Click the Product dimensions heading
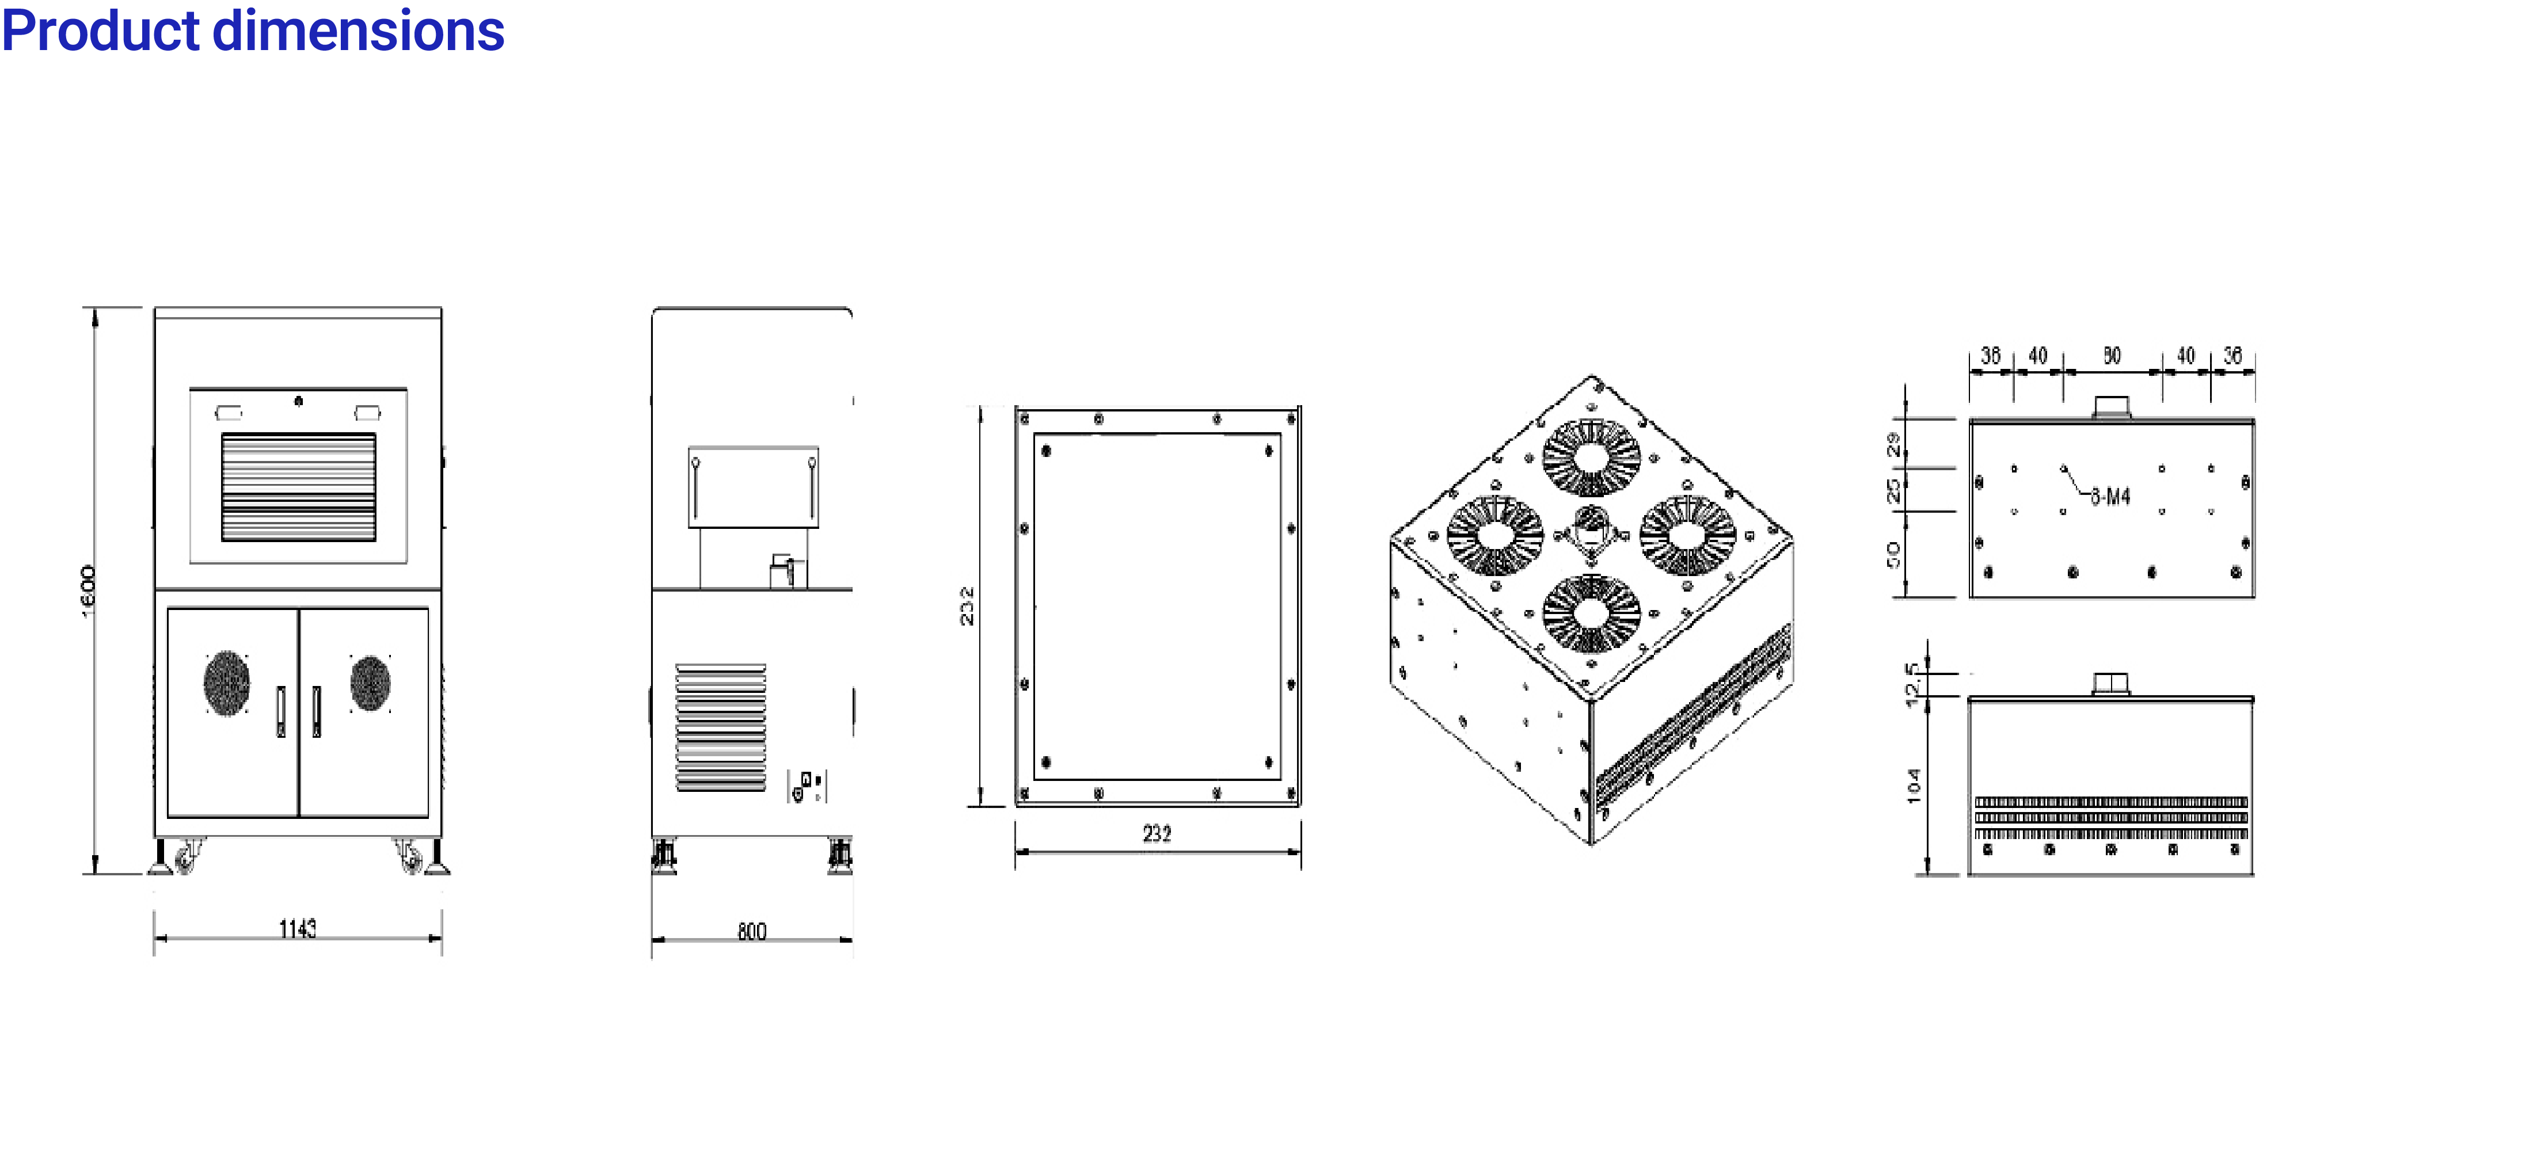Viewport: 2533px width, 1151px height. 253,31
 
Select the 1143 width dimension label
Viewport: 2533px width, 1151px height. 297,928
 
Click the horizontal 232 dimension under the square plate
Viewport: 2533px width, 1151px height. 1157,833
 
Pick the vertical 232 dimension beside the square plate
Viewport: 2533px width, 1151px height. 967,605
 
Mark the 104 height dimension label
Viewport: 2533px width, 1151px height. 1912,786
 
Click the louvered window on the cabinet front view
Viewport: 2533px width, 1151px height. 298,486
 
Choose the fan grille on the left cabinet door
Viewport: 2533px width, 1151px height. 226,682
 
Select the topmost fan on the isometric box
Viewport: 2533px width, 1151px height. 1591,457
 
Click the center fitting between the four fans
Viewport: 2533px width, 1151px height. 1591,533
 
